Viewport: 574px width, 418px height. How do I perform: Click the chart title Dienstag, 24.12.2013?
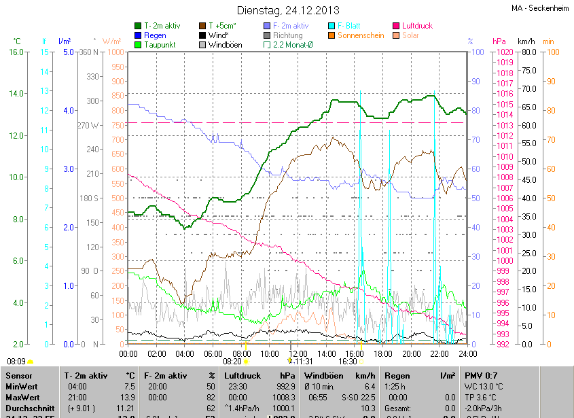pos(287,10)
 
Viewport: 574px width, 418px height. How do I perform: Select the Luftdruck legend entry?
pos(416,26)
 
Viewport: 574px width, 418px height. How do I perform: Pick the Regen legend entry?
pos(155,35)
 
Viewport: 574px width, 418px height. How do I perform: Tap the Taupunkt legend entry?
pos(160,45)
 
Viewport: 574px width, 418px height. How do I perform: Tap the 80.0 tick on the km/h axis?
pos(530,52)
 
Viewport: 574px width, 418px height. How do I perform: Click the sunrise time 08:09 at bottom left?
pos(16,362)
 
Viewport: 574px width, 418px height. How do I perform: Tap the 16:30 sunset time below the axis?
pos(347,362)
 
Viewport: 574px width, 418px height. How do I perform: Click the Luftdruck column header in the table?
pos(240,375)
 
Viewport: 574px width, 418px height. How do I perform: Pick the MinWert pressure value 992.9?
pos(285,386)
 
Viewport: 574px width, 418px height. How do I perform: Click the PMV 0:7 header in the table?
pos(482,375)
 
